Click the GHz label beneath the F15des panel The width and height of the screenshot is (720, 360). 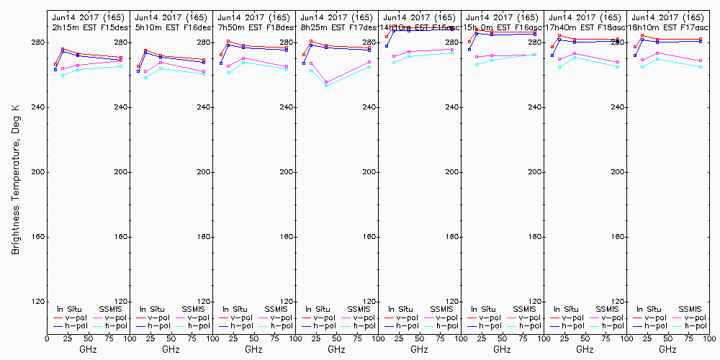[88, 349]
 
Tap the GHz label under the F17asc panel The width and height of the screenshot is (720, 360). [667, 349]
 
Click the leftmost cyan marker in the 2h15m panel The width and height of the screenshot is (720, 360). [63, 76]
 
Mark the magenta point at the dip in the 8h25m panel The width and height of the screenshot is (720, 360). [327, 82]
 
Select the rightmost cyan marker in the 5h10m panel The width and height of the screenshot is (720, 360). [204, 74]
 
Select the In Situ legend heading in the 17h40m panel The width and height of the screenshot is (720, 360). [567, 309]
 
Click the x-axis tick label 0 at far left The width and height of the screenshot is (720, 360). [48, 337]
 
